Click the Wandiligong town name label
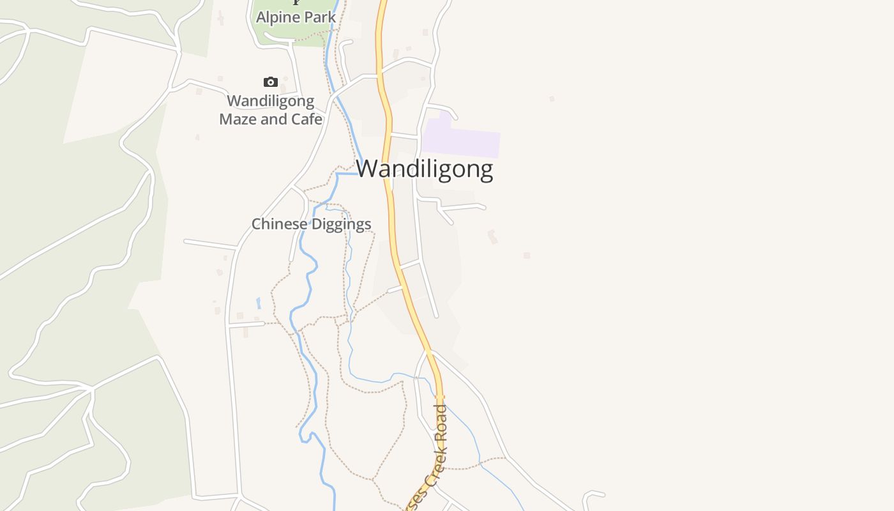tap(425, 169)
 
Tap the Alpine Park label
tap(296, 17)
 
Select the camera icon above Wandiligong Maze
tap(271, 82)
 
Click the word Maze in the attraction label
tap(239, 119)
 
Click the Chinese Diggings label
tap(311, 224)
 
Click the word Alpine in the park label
tap(277, 17)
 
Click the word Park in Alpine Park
tap(319, 17)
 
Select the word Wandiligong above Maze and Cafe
tap(271, 101)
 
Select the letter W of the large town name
tap(368, 169)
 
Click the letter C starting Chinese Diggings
tap(256, 224)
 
